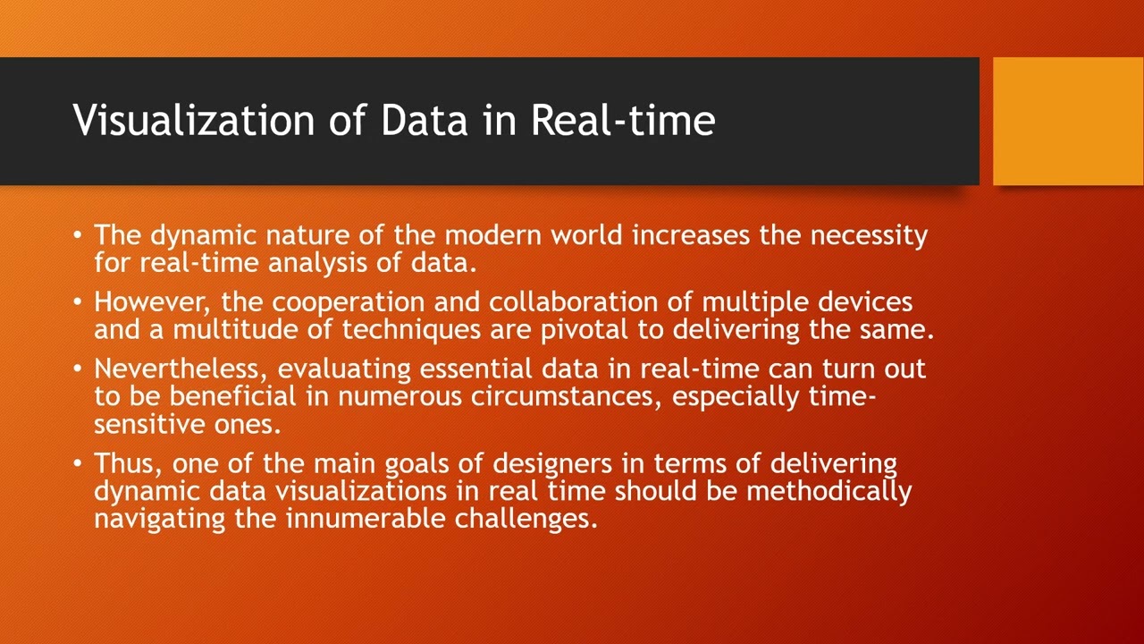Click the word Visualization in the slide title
[x=193, y=120]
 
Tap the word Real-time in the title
[x=623, y=120]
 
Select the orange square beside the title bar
[x=1068, y=122]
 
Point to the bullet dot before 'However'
[x=79, y=302]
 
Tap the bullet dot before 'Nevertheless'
[x=79, y=369]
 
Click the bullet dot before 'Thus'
[x=79, y=463]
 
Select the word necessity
[x=869, y=235]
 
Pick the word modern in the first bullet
[x=493, y=235]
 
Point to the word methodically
[x=829, y=491]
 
